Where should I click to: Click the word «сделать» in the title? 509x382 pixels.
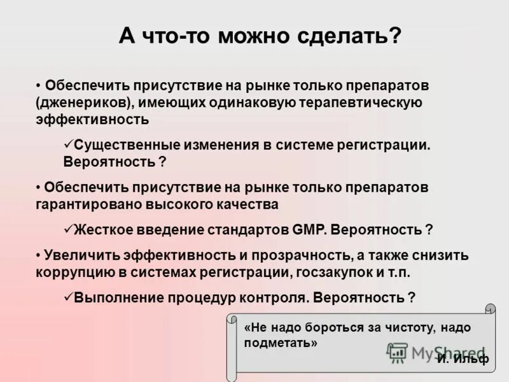pyautogui.click(x=341, y=36)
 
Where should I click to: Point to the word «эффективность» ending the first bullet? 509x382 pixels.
pyautogui.click(x=92, y=119)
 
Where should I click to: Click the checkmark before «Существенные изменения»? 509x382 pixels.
pyautogui.click(x=69, y=145)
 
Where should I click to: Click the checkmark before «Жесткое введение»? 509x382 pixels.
pyautogui.click(x=69, y=229)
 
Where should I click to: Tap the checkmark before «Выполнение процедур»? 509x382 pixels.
pyautogui.click(x=69, y=297)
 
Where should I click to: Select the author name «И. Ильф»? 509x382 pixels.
pyautogui.click(x=463, y=358)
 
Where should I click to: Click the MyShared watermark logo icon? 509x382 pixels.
pyautogui.click(x=398, y=352)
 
